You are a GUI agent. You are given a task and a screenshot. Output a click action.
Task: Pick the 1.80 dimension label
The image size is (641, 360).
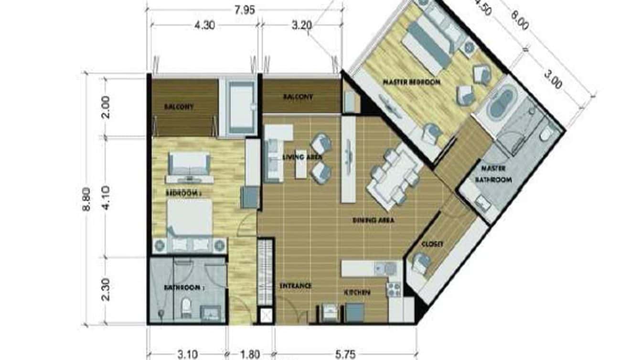point(250,354)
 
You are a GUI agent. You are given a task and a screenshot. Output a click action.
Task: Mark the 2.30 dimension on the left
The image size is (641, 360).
point(106,290)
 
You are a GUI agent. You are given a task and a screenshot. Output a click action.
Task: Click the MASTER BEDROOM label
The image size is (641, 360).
point(411,82)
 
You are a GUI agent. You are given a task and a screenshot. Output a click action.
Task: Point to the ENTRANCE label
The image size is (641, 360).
point(295,286)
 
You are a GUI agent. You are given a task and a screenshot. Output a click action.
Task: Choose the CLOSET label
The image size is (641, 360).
point(432,244)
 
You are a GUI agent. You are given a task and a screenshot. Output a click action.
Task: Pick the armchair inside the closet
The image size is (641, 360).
point(420,263)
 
